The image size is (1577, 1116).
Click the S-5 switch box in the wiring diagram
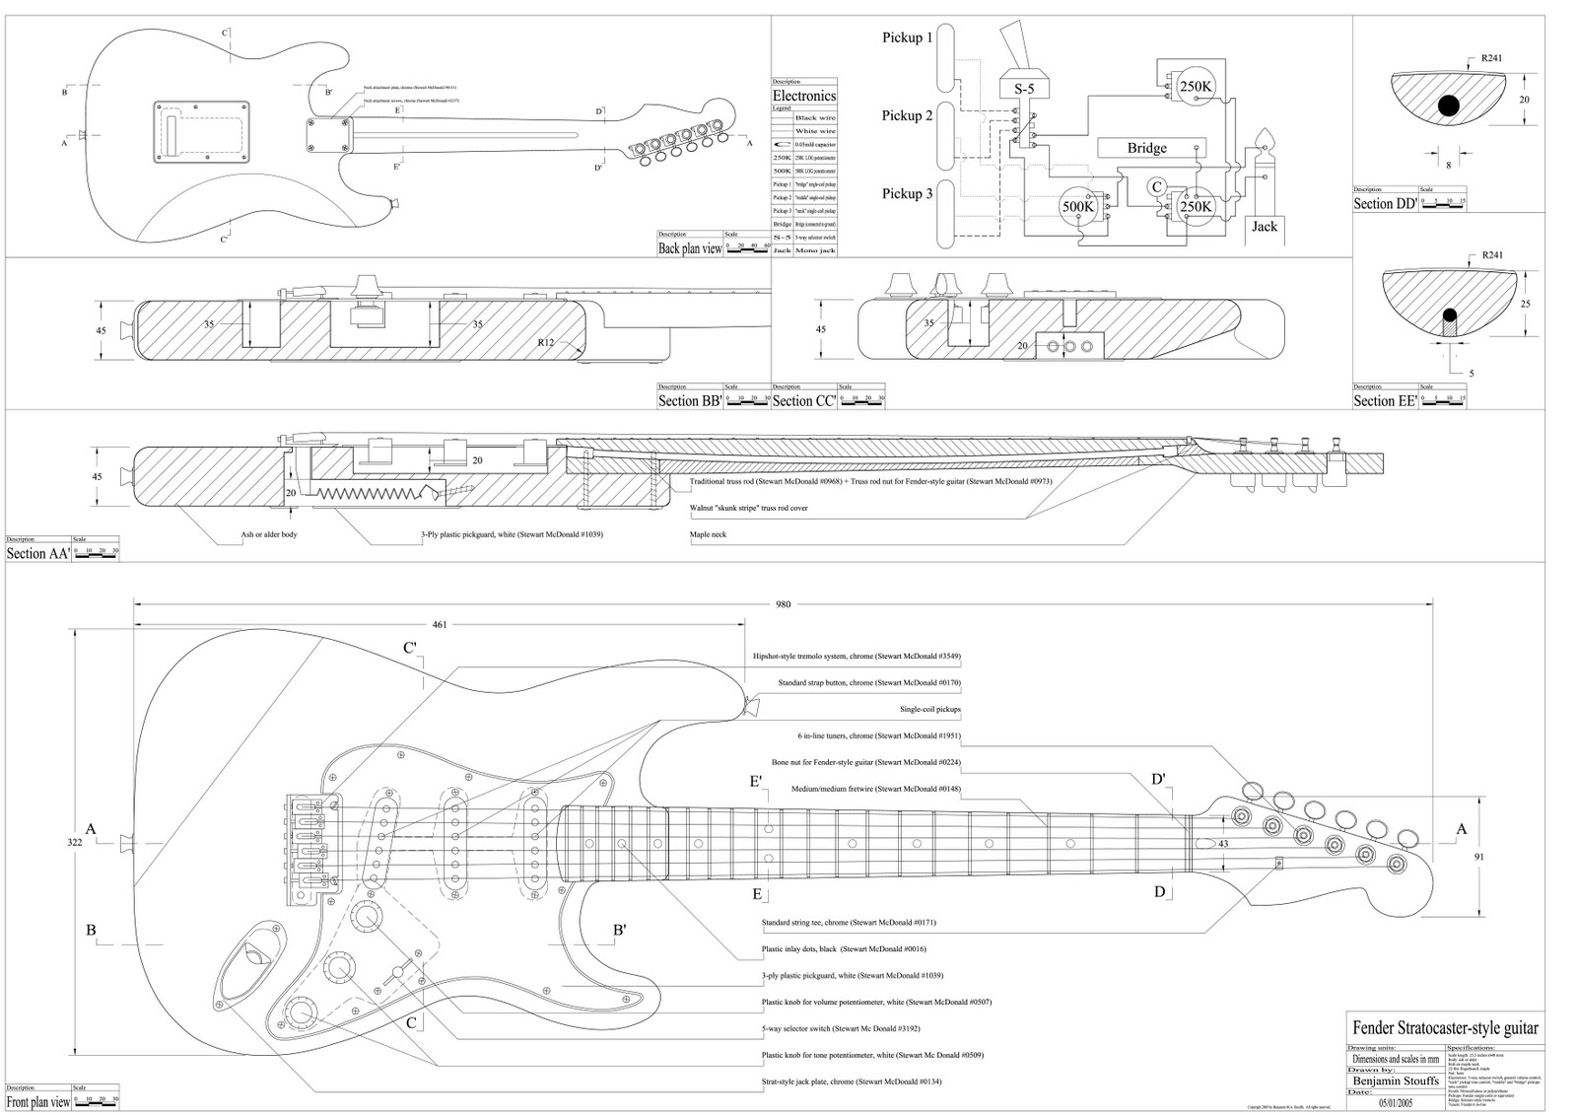coord(1025,88)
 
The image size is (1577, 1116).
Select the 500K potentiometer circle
coord(1077,207)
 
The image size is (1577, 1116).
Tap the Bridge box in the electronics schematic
coord(1146,148)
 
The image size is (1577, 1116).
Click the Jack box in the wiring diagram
coord(1264,227)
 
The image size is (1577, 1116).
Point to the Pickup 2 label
coord(907,116)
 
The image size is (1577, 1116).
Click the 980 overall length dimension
coord(783,604)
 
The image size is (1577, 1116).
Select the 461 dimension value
coord(440,624)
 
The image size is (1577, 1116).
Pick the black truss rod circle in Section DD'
coord(1448,105)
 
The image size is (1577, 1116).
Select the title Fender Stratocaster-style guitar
coord(1445,1028)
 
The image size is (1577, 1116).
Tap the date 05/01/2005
coord(1396,1104)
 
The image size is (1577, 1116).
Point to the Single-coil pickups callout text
coord(929,709)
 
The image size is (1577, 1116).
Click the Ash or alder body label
coord(269,534)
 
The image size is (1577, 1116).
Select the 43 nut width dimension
coord(1223,844)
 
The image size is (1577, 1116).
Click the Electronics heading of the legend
coord(803,96)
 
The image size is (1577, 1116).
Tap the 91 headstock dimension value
coord(1478,857)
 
